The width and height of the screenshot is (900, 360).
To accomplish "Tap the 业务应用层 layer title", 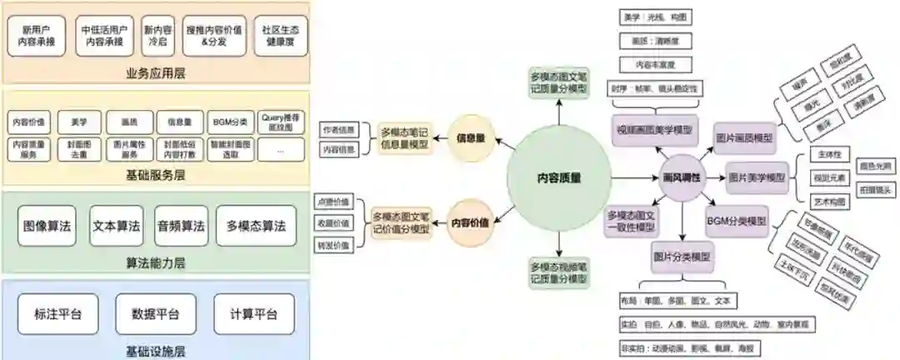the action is pos(156,72).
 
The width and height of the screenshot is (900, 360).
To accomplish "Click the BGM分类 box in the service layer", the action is pos(230,122).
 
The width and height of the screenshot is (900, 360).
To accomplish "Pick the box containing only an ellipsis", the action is pos(280,148).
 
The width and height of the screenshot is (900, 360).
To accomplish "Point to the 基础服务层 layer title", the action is pos(156,175).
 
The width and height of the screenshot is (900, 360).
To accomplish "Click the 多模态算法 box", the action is pos(256,226).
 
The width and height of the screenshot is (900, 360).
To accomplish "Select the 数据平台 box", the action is pos(155,314).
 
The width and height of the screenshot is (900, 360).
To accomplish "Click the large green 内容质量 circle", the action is pos(558,177).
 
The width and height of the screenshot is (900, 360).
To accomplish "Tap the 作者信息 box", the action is pos(337,130).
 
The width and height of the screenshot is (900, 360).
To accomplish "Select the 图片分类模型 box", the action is pos(682,257).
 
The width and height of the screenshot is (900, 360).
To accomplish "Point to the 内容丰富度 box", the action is pos(656,62).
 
